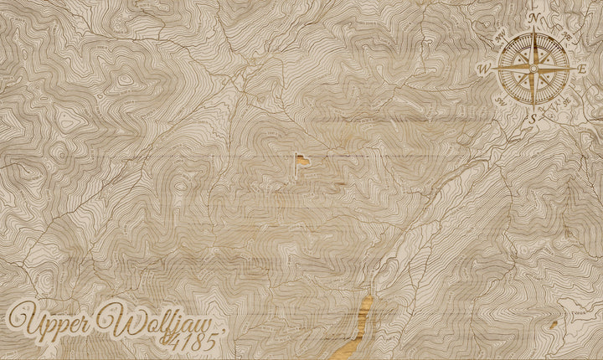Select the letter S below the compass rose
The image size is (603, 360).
tap(533, 118)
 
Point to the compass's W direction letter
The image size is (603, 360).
tap(483, 69)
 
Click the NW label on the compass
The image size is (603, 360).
tap(499, 36)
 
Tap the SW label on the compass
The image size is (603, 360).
tap(500, 101)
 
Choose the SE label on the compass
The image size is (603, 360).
tap(567, 101)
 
